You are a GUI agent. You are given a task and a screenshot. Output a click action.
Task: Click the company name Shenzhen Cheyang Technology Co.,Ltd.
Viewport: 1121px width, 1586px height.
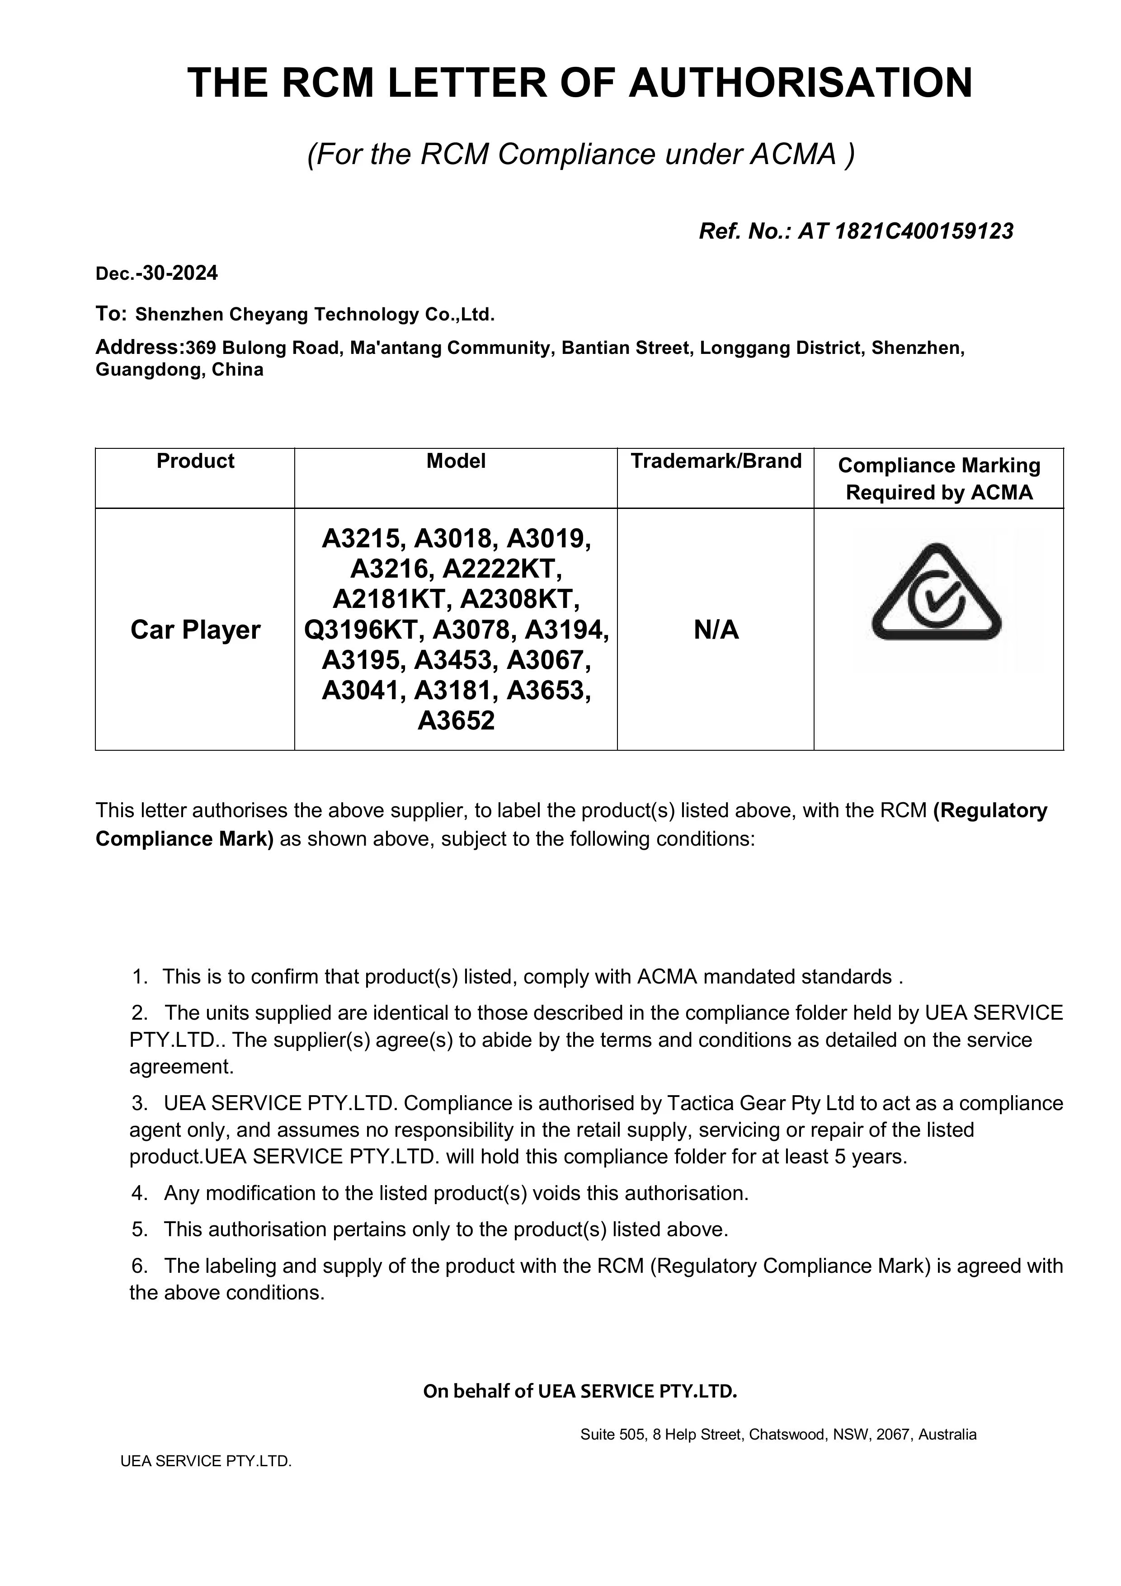315,315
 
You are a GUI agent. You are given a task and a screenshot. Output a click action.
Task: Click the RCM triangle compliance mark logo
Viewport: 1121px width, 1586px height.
937,594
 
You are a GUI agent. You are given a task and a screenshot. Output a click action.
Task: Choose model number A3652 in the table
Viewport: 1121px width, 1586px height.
456,720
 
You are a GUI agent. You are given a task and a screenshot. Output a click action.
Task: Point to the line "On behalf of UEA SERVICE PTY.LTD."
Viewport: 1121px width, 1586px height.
580,1390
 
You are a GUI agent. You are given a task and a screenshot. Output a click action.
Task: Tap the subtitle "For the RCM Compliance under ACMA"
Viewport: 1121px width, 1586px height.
580,154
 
